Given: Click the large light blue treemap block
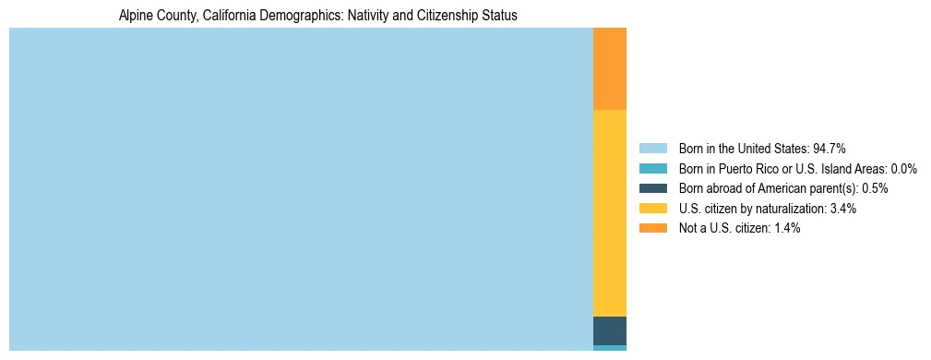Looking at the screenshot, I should (x=301, y=188).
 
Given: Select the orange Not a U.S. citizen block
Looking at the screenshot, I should (x=609, y=68).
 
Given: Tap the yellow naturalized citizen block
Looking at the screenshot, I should (x=609, y=212).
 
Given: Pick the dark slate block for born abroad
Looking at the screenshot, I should (x=609, y=330).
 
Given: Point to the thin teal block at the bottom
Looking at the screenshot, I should (x=609, y=348).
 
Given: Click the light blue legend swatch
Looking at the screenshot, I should (x=652, y=149).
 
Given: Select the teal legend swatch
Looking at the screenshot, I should (x=652, y=169).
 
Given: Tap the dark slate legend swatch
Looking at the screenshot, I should (x=652, y=188).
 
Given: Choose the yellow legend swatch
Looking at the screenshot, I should (x=652, y=209).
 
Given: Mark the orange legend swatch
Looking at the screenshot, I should (x=652, y=228).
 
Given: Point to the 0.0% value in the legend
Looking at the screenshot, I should (x=903, y=169).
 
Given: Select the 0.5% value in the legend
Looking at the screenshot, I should (x=875, y=188).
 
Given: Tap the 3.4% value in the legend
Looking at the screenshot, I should (x=842, y=209).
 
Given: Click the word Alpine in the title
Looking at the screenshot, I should (x=136, y=16).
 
